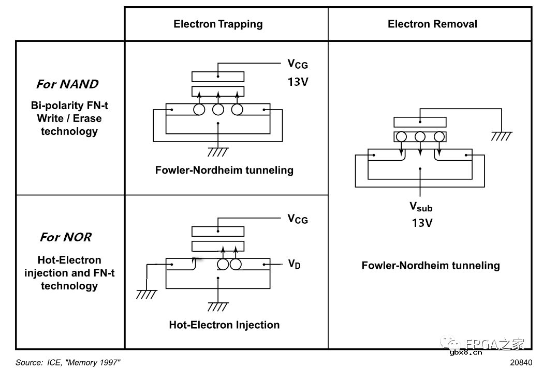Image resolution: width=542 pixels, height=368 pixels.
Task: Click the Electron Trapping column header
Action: [x=218, y=24]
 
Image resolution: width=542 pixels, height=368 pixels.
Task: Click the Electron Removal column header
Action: [x=432, y=24]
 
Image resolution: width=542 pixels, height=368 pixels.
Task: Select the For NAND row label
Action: [x=67, y=84]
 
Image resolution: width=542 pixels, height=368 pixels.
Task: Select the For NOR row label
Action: [x=66, y=237]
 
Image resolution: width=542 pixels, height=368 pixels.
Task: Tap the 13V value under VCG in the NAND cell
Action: [x=298, y=82]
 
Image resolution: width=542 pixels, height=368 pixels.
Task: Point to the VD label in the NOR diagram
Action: [x=294, y=264]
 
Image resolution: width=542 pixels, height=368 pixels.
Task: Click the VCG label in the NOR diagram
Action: [x=298, y=219]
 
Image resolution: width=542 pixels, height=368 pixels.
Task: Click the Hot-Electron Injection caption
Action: [x=224, y=325]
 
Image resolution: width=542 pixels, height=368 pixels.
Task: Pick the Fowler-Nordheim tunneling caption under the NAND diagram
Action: [x=224, y=170]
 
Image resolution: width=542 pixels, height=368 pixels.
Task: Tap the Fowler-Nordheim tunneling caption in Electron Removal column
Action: [x=431, y=266]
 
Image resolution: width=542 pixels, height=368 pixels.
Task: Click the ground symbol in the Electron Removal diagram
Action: [x=501, y=136]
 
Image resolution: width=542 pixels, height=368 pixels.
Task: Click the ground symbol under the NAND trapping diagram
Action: [x=218, y=152]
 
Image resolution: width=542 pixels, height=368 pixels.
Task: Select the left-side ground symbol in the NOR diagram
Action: [x=147, y=294]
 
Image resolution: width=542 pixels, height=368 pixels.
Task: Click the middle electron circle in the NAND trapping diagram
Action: [x=218, y=110]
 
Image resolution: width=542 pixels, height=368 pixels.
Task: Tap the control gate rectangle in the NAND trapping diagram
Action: [x=218, y=76]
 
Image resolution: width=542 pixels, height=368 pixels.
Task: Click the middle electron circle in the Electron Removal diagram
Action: [x=420, y=137]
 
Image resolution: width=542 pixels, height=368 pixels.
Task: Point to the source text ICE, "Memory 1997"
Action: [x=68, y=362]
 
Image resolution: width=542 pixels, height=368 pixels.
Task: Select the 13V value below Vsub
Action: [x=421, y=223]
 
